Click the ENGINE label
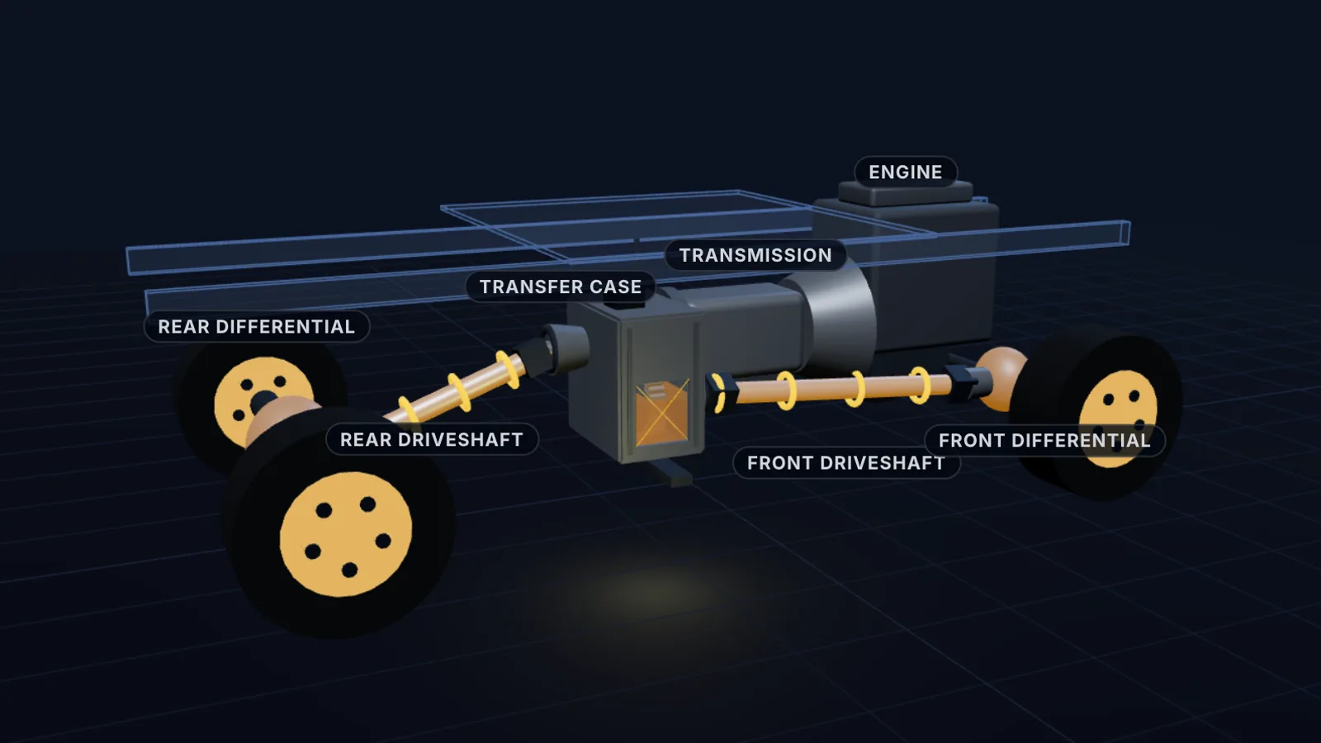point(905,172)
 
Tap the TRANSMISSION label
point(755,255)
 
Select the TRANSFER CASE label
point(561,286)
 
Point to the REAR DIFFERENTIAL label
point(257,327)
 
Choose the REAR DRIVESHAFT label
point(432,439)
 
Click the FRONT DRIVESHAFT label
point(846,463)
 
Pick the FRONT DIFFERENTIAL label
point(1044,441)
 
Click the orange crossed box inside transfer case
point(661,412)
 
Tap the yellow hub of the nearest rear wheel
point(346,533)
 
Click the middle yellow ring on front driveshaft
point(855,389)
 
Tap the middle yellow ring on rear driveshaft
point(459,392)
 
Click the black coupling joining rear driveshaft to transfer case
point(552,349)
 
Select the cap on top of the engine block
point(905,193)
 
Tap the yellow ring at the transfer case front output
point(719,393)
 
